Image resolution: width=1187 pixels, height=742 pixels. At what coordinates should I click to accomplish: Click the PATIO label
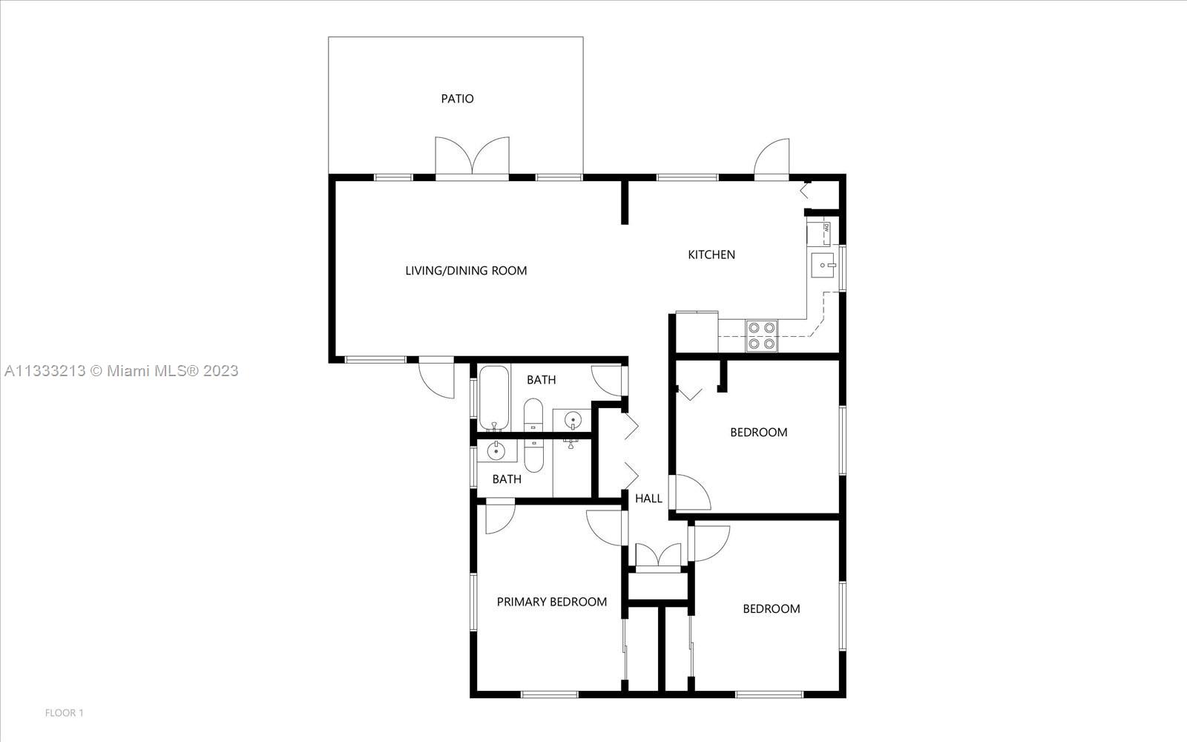click(457, 99)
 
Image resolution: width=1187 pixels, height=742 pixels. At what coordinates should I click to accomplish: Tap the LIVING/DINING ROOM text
click(466, 271)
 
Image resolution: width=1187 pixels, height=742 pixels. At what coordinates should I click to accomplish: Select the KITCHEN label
click(711, 255)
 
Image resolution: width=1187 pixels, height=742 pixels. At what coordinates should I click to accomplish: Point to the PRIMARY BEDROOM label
click(552, 602)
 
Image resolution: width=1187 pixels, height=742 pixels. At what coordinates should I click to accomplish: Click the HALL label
click(648, 499)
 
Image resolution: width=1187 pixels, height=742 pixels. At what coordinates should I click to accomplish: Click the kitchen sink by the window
click(822, 265)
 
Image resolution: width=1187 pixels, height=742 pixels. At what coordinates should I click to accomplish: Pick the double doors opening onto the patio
click(473, 157)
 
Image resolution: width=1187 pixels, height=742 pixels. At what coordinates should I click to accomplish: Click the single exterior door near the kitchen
click(773, 159)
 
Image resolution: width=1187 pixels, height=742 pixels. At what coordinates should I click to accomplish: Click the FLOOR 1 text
click(65, 713)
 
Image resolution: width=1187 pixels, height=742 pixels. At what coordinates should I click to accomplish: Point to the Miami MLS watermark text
click(121, 371)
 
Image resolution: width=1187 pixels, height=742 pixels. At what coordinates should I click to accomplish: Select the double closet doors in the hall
click(658, 556)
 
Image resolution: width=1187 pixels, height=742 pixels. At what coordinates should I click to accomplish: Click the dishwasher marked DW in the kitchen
click(819, 233)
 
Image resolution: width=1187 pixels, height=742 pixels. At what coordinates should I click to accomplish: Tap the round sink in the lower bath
click(496, 451)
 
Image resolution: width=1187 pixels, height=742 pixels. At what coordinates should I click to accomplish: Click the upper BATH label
click(541, 380)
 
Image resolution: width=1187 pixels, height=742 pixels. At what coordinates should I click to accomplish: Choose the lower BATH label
click(507, 479)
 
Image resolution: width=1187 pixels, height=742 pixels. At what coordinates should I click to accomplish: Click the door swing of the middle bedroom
click(691, 493)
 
